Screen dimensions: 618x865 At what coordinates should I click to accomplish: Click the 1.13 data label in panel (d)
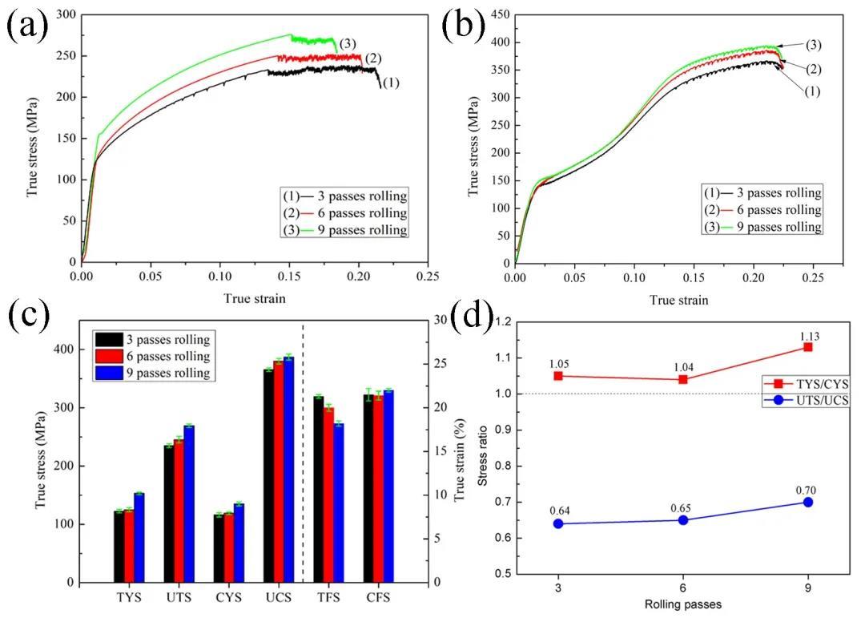807,337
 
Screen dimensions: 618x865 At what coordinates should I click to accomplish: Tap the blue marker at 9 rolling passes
807,502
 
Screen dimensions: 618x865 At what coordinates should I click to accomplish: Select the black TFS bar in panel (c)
319,489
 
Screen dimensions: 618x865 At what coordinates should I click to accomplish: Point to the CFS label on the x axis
378,598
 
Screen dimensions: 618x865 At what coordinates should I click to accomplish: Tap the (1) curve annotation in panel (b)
811,91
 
